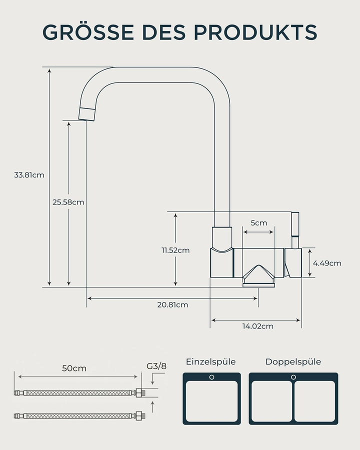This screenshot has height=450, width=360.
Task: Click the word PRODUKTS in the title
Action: (x=255, y=32)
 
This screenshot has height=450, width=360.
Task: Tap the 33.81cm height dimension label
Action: (x=29, y=175)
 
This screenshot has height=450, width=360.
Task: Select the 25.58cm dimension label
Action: (x=68, y=202)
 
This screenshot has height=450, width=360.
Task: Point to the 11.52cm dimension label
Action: (x=175, y=250)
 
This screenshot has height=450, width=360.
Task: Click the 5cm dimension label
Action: (x=258, y=223)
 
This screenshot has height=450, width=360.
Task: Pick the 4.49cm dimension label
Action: (x=327, y=263)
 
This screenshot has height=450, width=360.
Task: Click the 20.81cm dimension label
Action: (x=172, y=305)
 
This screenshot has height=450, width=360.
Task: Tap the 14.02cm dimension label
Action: (x=258, y=326)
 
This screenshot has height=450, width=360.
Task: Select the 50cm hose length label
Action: (x=74, y=368)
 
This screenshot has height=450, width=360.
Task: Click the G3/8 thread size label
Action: (x=156, y=366)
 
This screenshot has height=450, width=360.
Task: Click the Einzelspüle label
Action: (x=210, y=362)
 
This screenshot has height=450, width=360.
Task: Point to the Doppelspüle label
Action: (x=293, y=362)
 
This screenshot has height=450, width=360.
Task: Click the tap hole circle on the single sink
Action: (x=211, y=377)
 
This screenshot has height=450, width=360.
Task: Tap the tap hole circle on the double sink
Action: (x=293, y=377)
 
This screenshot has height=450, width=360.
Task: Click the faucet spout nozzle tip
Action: (x=87, y=114)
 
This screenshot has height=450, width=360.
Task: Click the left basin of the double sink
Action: (x=271, y=401)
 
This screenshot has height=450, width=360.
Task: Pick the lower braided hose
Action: (x=79, y=415)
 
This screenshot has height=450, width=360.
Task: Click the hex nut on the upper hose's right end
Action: (x=139, y=392)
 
